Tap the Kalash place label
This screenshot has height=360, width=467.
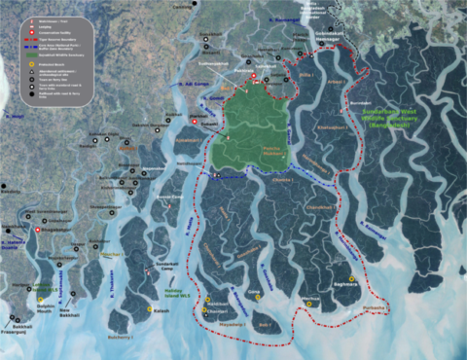click(x=162, y=311)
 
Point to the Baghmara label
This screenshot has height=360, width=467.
click(x=345, y=284)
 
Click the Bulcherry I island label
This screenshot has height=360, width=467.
click(x=120, y=337)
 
